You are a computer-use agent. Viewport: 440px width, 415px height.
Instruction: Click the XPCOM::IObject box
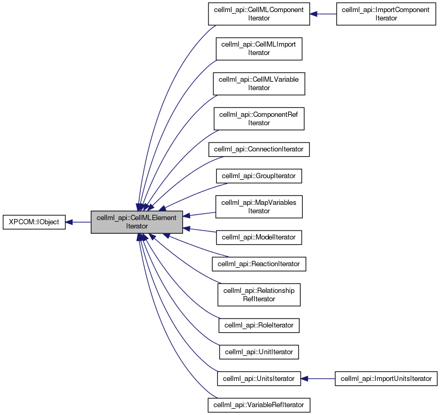(34, 222)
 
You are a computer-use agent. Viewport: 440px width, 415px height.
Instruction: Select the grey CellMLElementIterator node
(137, 222)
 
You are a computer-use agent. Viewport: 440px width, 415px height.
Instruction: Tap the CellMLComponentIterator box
(259, 14)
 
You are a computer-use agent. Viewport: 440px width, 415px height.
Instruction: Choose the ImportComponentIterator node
(386, 14)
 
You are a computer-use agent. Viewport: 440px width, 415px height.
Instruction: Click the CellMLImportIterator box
(259, 49)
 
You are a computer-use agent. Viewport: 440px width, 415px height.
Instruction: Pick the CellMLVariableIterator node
(259, 84)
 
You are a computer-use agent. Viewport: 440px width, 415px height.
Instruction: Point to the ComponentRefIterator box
(259, 119)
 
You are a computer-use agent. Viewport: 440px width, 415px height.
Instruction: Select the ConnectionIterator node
(259, 149)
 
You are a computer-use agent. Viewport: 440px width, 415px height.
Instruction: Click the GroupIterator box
(259, 176)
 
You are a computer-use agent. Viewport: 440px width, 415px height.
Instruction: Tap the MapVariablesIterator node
(259, 206)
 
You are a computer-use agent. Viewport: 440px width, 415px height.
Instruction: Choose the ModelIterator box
(259, 237)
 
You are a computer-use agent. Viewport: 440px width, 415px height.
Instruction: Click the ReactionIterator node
(259, 264)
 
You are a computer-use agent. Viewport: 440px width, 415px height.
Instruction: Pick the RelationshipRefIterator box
(259, 294)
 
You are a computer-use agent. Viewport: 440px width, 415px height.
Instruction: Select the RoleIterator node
(259, 325)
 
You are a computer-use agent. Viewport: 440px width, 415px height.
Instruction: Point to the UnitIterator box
(259, 352)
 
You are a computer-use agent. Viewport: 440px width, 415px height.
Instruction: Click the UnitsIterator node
(259, 378)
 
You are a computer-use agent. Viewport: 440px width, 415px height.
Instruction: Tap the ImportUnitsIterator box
(386, 378)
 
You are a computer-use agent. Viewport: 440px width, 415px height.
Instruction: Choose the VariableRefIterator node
(259, 405)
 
